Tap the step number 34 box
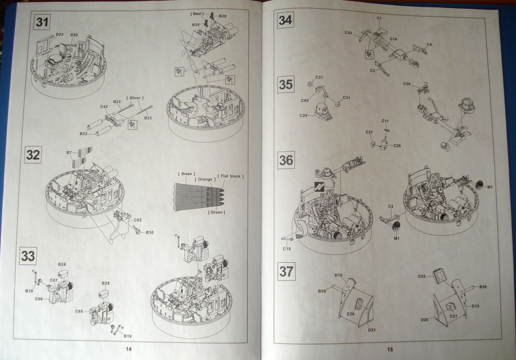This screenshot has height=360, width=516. coord(285,20)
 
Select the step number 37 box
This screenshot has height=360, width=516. coord(286,271)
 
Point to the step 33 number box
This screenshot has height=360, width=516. coord(28,256)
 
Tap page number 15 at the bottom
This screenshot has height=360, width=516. coord(389,349)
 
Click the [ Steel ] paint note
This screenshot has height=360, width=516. coord(196,13)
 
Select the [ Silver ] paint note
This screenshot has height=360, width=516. coord(135,97)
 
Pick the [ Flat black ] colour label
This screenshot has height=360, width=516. coord(231,176)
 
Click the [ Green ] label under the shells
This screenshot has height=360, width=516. coord(217,212)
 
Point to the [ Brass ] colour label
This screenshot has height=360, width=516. coord(186,174)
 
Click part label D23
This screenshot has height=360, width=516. coord(60,35)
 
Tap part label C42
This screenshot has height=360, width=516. coord(104,107)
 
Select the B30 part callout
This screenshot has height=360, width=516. coord(149,232)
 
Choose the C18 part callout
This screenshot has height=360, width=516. coord(286,248)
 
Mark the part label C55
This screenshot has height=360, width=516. coord(422,276)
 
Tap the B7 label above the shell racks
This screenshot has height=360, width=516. coord(69,152)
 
